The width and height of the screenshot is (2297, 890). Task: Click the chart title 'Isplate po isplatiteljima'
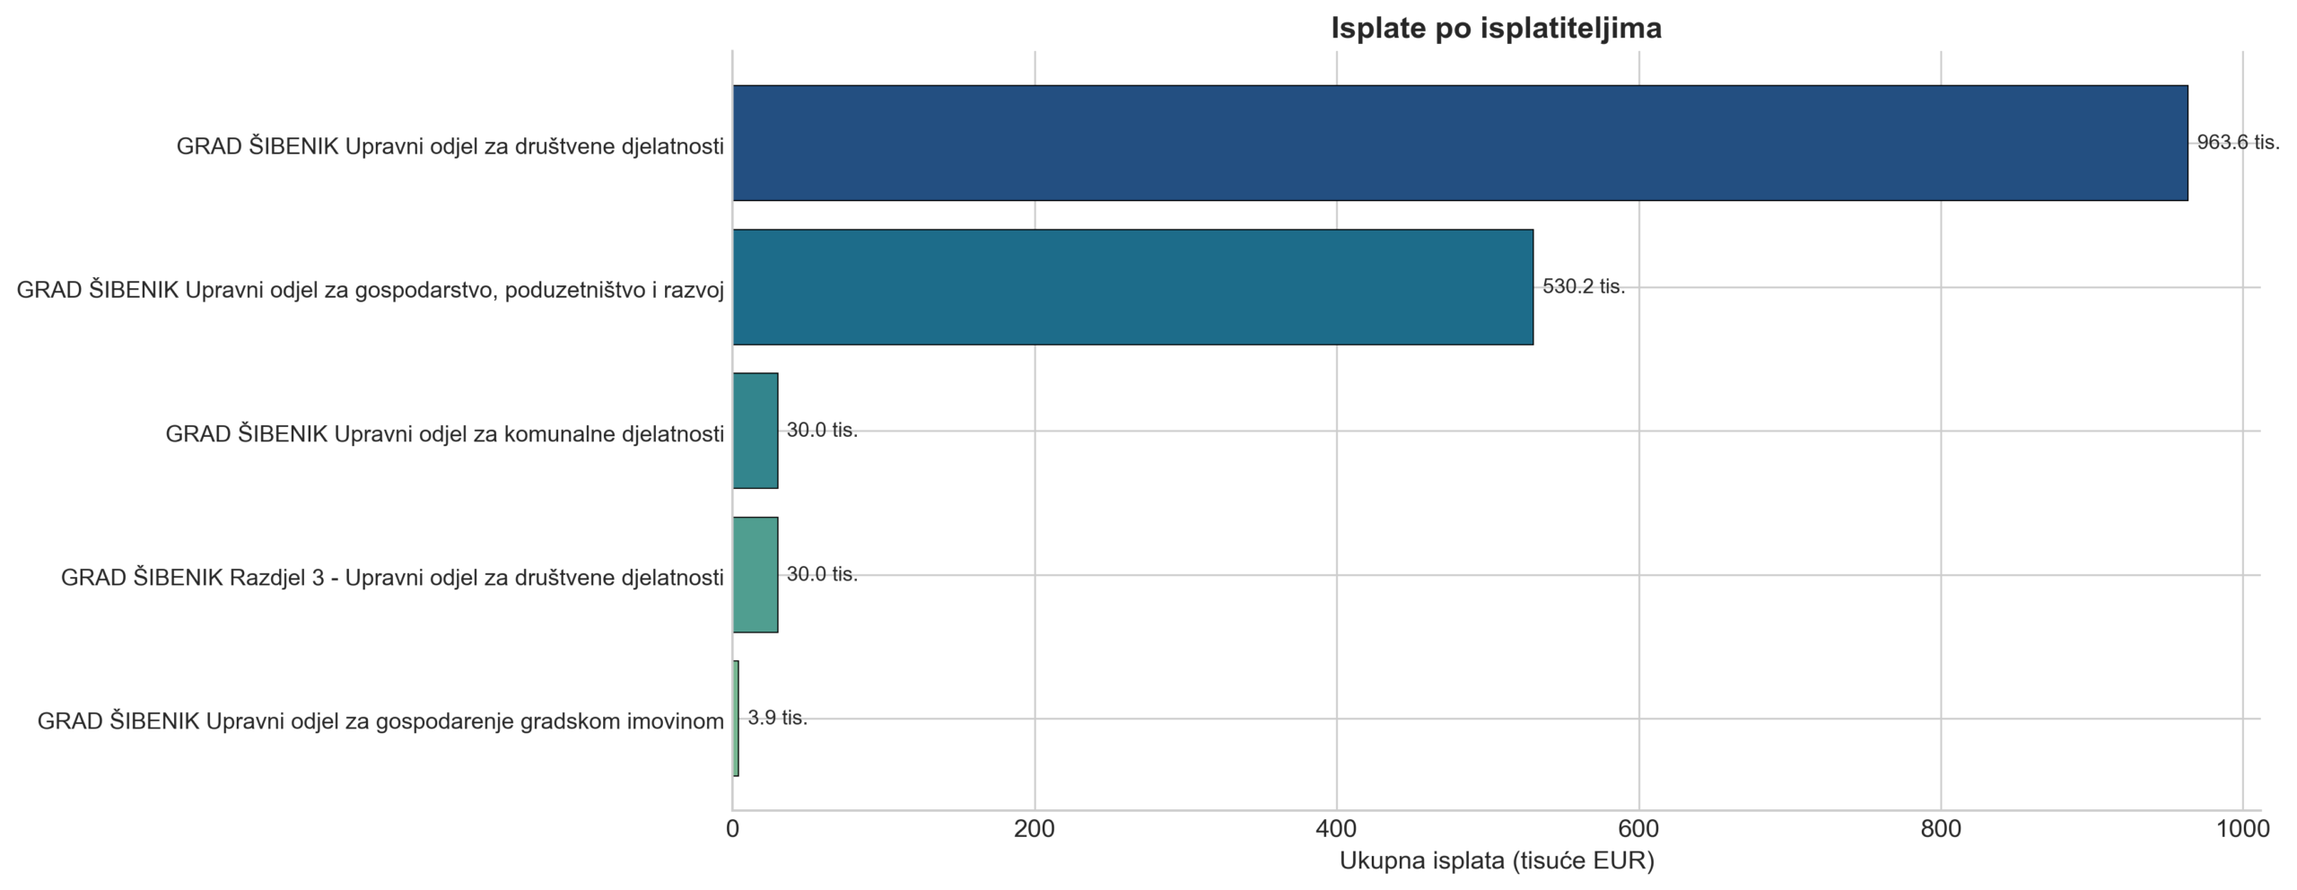(1496, 28)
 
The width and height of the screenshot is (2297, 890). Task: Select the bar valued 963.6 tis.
(1460, 143)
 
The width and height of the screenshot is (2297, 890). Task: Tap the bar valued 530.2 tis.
(1133, 287)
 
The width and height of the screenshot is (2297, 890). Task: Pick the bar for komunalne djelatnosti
(755, 431)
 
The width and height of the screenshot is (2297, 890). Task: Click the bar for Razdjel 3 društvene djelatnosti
(755, 575)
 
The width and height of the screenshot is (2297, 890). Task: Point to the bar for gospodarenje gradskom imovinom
(736, 719)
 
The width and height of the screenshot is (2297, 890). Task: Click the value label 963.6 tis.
(2238, 143)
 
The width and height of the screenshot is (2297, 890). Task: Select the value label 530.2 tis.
(1584, 287)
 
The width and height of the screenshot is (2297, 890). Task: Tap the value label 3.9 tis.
(778, 719)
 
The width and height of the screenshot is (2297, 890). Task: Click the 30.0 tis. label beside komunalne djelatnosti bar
(822, 431)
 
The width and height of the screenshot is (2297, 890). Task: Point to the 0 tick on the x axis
(733, 830)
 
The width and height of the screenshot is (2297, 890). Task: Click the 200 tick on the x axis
(1035, 830)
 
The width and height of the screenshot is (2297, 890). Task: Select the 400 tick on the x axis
(1337, 830)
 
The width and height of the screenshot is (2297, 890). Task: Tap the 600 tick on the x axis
(1639, 830)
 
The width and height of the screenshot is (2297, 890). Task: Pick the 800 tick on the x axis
(1941, 830)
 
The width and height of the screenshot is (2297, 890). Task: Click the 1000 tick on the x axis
(2243, 830)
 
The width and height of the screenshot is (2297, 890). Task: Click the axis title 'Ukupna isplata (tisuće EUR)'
(1497, 862)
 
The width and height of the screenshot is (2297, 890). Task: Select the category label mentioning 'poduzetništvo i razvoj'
(371, 291)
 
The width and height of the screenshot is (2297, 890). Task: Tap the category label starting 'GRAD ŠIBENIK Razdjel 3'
(392, 578)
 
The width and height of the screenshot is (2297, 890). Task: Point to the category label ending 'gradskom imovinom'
(380, 722)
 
